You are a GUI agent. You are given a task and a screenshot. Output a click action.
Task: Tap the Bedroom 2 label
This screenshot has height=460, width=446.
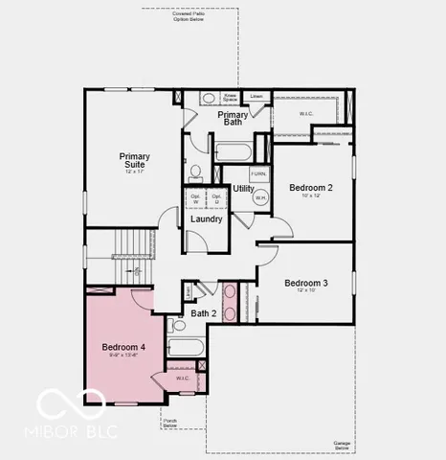pos(310,188)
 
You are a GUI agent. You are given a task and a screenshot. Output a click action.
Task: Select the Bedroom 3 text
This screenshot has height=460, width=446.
pos(306,283)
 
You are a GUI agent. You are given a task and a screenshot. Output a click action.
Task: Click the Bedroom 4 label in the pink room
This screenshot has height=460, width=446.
pos(125,346)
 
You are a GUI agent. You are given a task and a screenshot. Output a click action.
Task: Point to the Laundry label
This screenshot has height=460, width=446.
pos(206,219)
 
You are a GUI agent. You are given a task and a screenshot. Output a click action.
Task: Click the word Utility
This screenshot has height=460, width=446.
pos(243,189)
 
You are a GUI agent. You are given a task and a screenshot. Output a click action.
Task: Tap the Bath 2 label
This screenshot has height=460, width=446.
pos(204,312)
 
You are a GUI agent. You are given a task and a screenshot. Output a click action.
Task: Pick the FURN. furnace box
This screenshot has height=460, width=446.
pos(258,173)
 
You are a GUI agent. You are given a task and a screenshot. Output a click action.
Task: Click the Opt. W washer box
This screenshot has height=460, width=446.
pos(195,199)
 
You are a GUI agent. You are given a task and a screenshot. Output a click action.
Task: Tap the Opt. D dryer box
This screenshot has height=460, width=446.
pos(217,199)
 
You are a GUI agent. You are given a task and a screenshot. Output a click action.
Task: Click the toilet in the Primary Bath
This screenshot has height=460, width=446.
pos(195,172)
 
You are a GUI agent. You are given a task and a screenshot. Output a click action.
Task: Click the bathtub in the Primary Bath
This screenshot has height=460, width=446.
pos(234,150)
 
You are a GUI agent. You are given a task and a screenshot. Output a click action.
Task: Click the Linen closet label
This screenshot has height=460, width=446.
pos(256,96)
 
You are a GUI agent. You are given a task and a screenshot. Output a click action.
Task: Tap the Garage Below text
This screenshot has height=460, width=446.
pos(342,445)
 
